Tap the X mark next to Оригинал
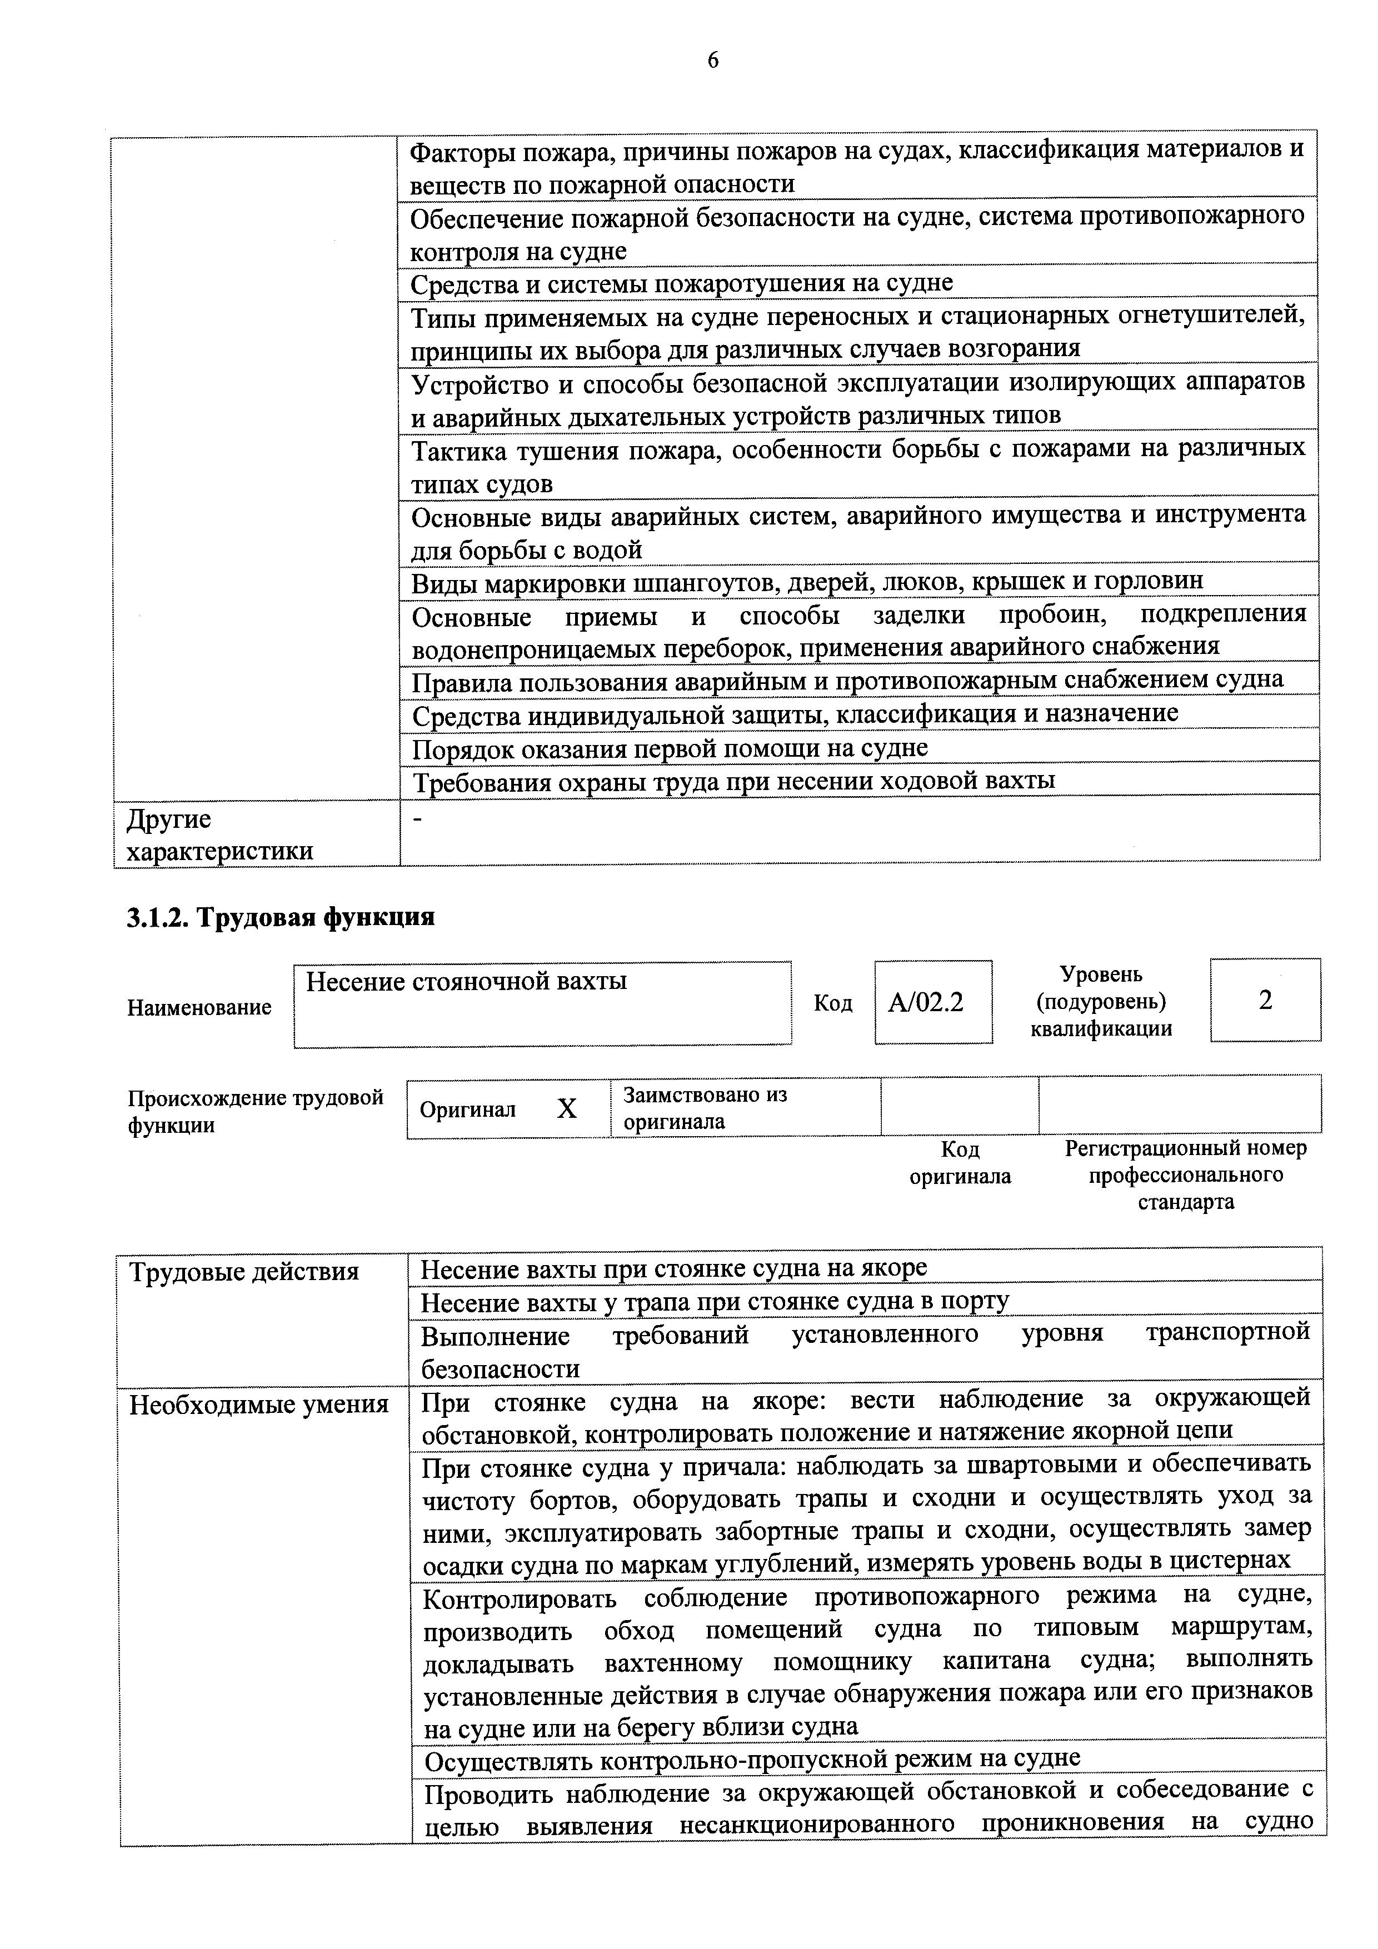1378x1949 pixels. click(566, 1108)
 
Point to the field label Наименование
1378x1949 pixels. click(199, 1008)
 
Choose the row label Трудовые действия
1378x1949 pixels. click(244, 1272)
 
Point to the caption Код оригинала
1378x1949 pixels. click(960, 1163)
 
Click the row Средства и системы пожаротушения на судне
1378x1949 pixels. click(682, 283)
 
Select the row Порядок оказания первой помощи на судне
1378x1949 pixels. click(670, 748)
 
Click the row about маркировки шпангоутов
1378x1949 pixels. click(807, 582)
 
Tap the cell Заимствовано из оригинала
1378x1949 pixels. click(705, 1108)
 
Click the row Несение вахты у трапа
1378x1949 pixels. click(715, 1301)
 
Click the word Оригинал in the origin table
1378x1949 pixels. click(468, 1110)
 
